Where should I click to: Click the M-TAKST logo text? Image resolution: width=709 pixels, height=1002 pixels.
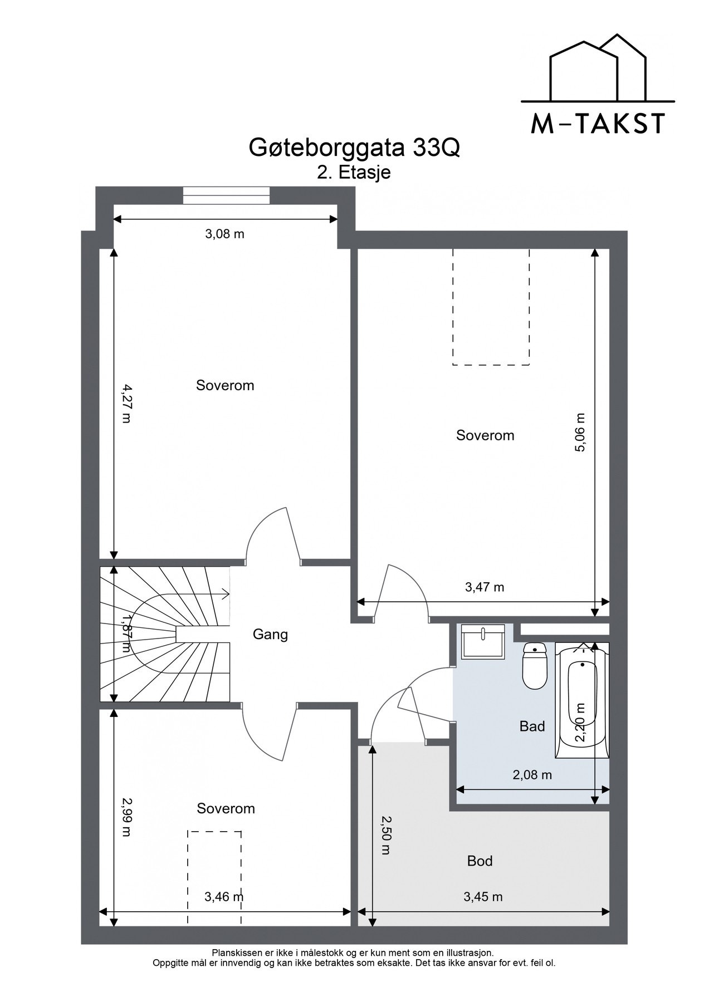tap(598, 124)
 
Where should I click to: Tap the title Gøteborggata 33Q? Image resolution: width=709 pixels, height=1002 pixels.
tap(354, 149)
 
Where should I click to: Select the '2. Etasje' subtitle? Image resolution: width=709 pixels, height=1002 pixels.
tap(354, 173)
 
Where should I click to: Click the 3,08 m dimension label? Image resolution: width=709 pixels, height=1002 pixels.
tap(225, 234)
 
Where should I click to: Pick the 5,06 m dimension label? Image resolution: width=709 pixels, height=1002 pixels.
tap(580, 432)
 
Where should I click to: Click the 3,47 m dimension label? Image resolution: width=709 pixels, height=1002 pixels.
tap(485, 587)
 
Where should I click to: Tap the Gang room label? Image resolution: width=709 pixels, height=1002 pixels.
tap(270, 635)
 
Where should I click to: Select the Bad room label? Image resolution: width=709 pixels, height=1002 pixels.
tap(532, 726)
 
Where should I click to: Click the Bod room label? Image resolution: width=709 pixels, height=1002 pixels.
tap(480, 861)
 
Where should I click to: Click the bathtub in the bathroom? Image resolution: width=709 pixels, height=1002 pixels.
tap(582, 700)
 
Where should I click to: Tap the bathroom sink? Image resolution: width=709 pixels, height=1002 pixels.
tap(483, 642)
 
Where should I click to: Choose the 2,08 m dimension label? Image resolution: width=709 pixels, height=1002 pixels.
tap(532, 774)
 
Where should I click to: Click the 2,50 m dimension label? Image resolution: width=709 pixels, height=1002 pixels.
tap(385, 836)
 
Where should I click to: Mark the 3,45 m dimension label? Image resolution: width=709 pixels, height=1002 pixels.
tap(483, 896)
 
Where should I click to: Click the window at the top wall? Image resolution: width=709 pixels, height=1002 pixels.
tap(226, 196)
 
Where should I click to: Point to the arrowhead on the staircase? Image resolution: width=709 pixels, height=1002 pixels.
tap(226, 594)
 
